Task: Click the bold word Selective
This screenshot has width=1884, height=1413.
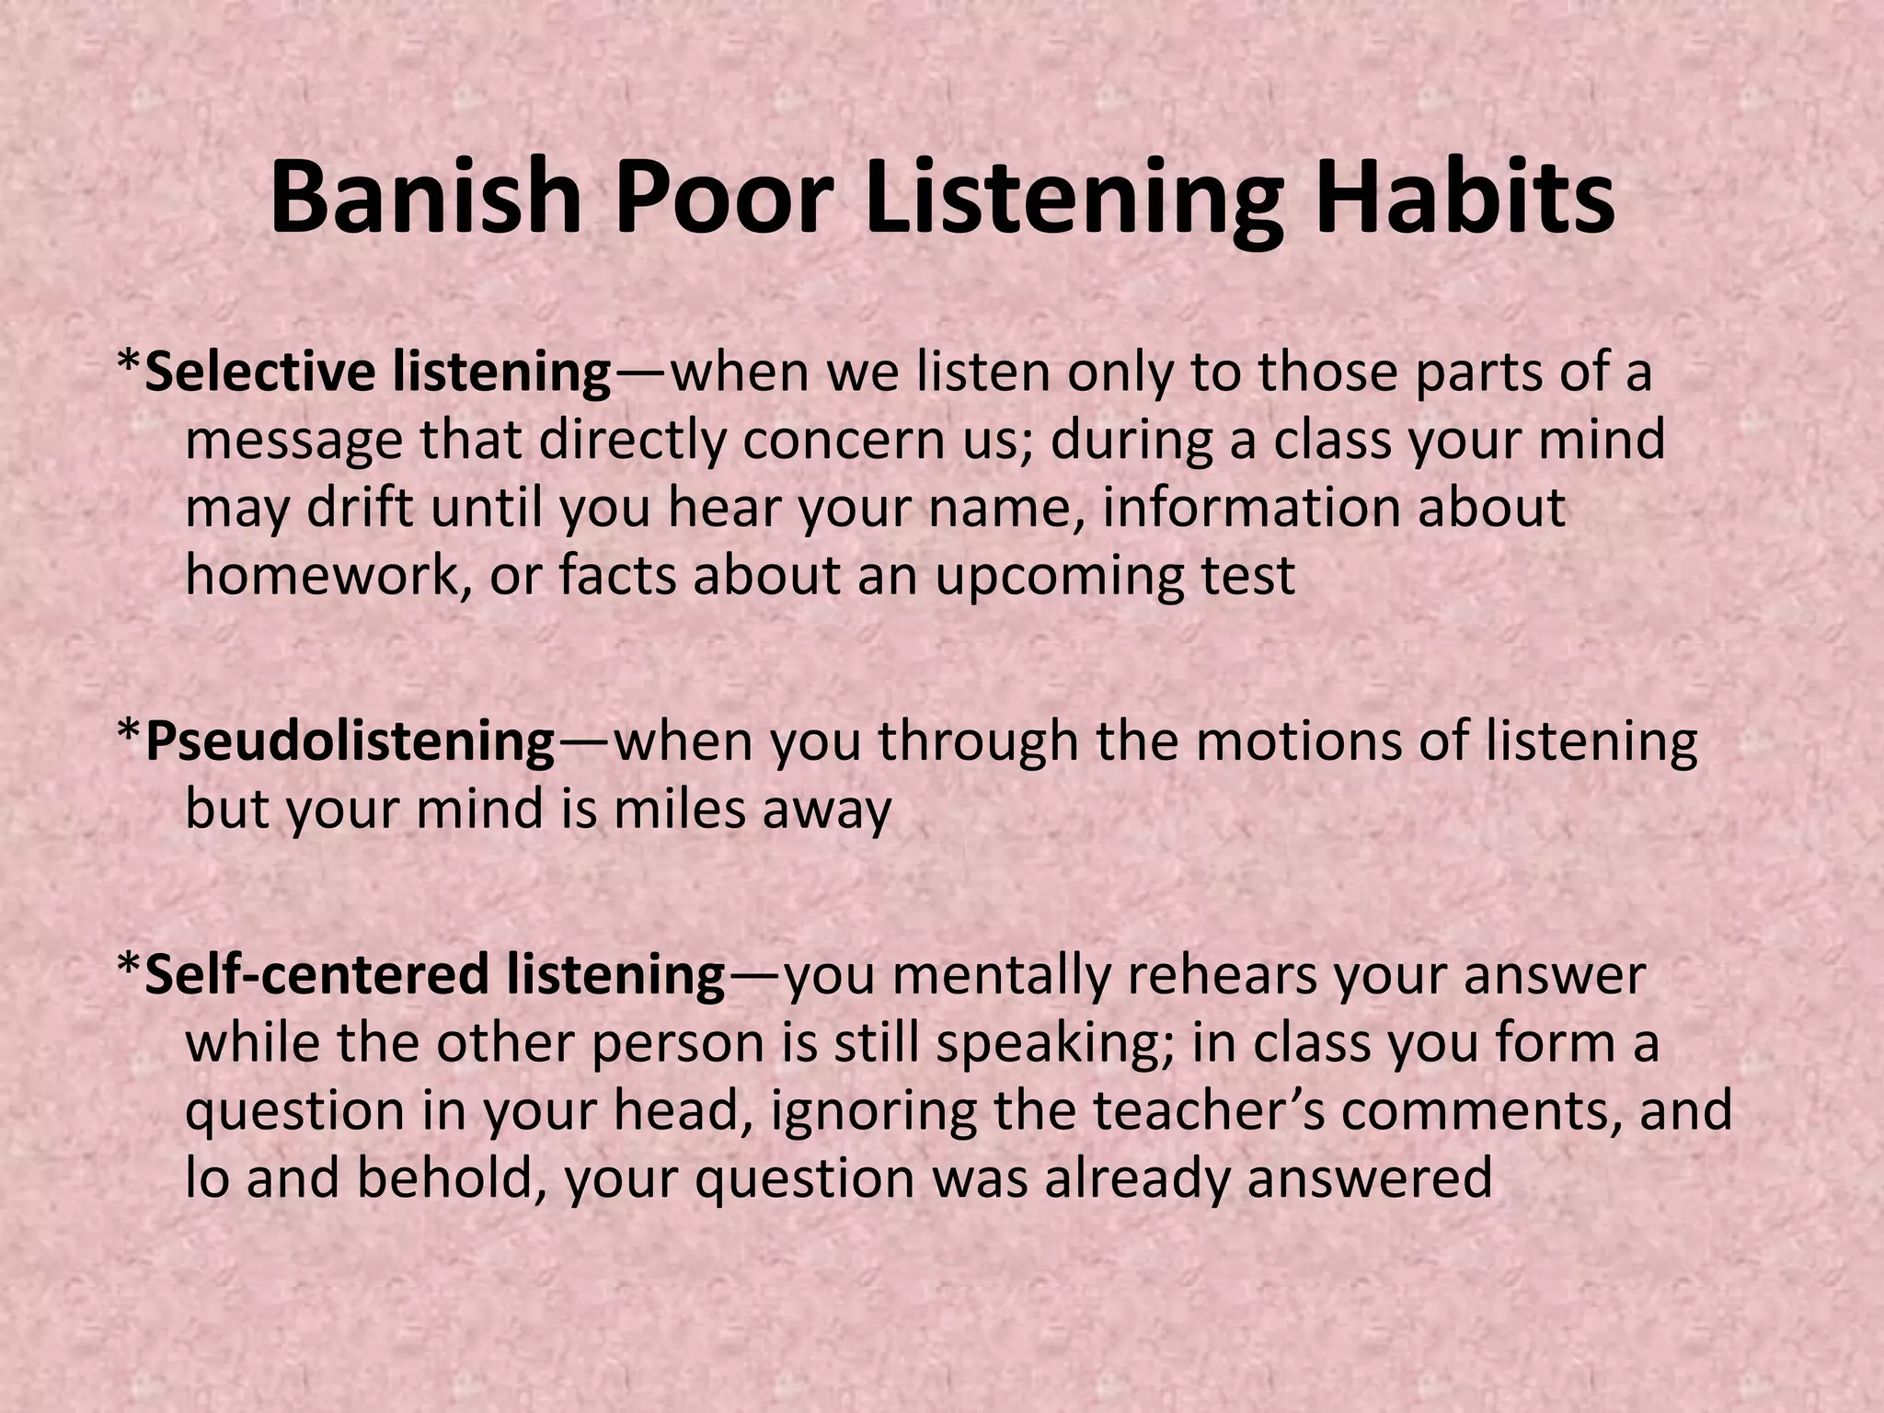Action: point(260,373)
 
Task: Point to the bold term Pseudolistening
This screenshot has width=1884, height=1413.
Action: point(350,741)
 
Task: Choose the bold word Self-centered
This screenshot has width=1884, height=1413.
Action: point(318,975)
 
